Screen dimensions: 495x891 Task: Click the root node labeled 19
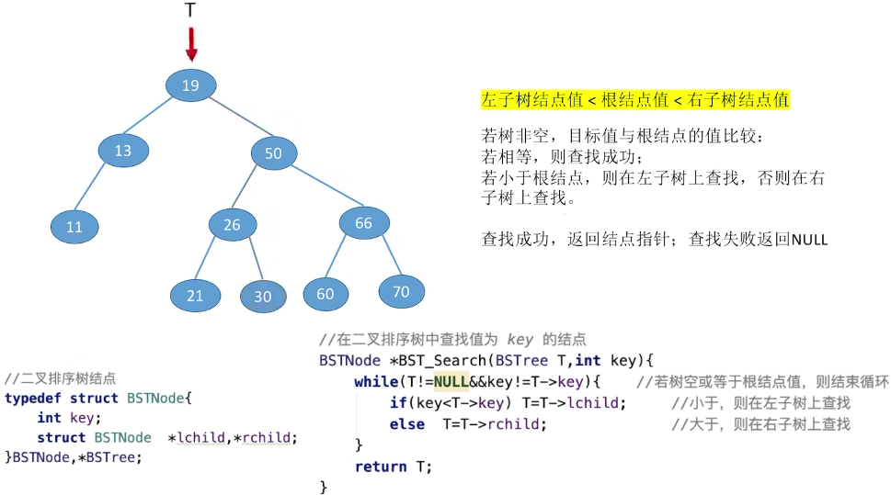(x=190, y=85)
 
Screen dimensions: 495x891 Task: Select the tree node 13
(x=123, y=151)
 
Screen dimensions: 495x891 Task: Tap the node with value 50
(x=273, y=153)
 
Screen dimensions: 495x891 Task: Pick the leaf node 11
(x=74, y=227)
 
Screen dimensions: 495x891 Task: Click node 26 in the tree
(x=232, y=224)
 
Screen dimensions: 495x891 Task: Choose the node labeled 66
(x=363, y=223)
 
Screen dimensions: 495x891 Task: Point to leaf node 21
(x=195, y=296)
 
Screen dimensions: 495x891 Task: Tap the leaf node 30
(x=263, y=297)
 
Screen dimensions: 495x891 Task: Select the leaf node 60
(x=326, y=294)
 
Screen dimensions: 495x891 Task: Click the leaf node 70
(x=401, y=291)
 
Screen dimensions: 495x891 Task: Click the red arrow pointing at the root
(x=191, y=43)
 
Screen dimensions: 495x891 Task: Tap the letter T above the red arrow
(x=190, y=11)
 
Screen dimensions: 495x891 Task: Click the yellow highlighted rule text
(x=634, y=99)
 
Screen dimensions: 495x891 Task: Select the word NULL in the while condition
(x=451, y=381)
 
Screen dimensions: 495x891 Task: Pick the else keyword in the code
(x=406, y=423)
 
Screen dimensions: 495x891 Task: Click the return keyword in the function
(x=381, y=466)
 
